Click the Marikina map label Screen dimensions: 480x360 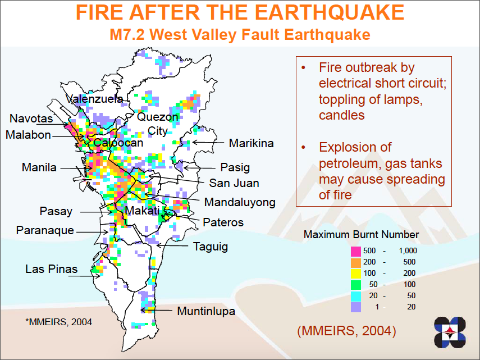click(251, 143)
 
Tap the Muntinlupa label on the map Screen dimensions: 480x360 click(206, 311)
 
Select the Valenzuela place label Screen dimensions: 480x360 click(94, 99)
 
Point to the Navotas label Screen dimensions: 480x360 click(31, 119)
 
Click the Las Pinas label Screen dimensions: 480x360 click(52, 269)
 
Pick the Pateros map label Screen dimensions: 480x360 click(223, 222)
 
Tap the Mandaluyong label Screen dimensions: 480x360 click(240, 203)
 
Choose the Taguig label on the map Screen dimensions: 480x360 click(211, 247)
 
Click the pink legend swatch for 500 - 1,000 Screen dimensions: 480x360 click(356, 251)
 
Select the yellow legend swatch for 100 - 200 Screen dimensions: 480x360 click(356, 274)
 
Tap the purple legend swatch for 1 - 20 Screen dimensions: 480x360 click(356, 307)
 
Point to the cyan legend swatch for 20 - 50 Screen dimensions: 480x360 click(356, 296)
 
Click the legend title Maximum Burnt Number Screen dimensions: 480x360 click(361, 235)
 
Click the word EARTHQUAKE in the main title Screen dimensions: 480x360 click(330, 12)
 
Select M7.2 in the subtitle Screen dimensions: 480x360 click(127, 34)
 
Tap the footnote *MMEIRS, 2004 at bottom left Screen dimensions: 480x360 click(58, 322)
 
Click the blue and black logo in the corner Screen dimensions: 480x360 click(450, 332)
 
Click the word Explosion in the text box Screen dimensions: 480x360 click(355, 148)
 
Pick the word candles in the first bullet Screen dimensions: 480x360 click(342, 115)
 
